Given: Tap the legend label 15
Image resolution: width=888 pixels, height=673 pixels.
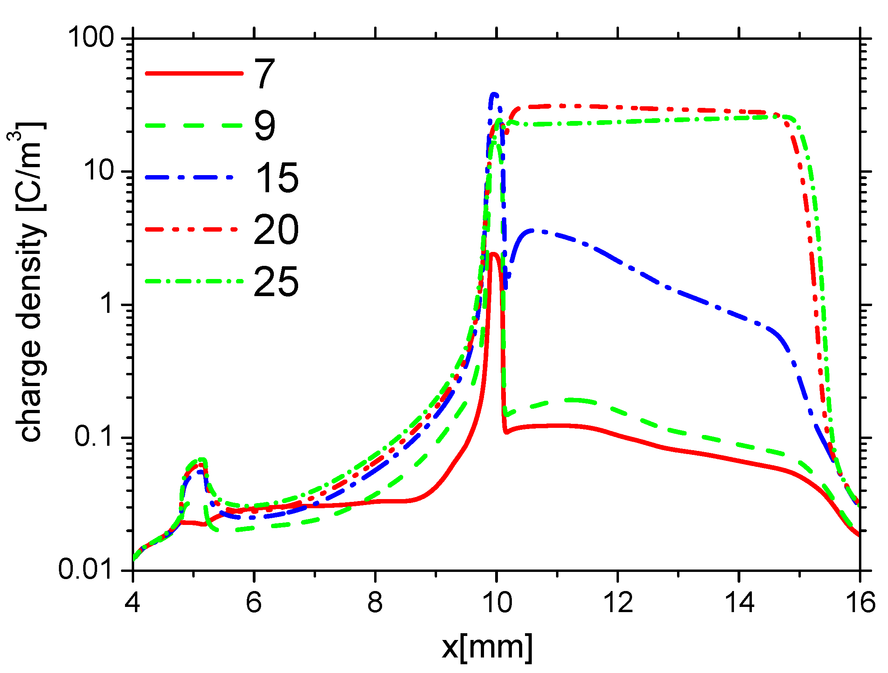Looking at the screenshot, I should [x=277, y=178].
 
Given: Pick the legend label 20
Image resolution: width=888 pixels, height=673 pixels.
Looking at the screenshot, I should [x=277, y=229].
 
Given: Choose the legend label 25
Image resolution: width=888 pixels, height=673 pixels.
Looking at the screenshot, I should [x=277, y=281].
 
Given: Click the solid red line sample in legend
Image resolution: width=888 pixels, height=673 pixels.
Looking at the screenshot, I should [x=194, y=73].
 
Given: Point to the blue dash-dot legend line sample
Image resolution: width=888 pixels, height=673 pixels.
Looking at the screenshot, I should [x=189, y=177].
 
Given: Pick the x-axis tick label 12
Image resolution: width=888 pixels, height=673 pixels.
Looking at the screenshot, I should [x=618, y=603].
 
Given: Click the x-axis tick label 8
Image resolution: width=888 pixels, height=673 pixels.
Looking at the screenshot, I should [x=375, y=603].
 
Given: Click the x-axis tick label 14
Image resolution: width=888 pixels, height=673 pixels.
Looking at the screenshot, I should [x=740, y=603].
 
